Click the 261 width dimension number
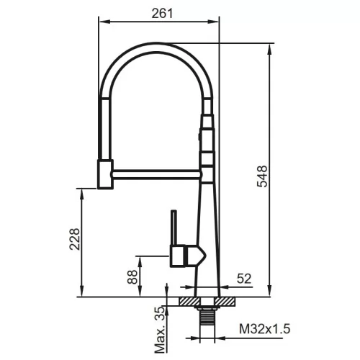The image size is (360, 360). coord(162,14)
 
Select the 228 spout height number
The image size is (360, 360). coord(75,239)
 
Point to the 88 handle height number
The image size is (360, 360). coord(132,277)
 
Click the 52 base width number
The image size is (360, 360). coord(244,279)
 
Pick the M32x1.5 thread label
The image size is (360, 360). coord(265,328)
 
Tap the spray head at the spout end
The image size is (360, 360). coord(105,174)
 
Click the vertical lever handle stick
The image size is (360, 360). coord(174,228)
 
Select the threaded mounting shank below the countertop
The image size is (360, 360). coord(207,316)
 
